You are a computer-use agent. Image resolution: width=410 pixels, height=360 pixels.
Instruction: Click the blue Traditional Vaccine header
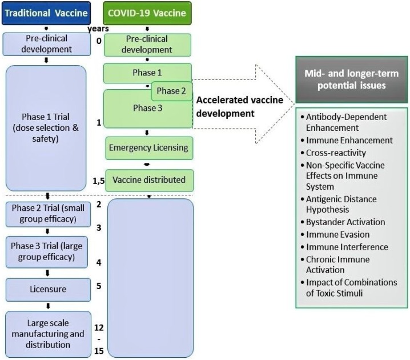(46, 11)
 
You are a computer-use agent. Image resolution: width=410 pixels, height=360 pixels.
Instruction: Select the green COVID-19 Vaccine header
(148, 11)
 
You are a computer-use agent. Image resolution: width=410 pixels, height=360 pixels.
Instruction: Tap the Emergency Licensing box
(148, 148)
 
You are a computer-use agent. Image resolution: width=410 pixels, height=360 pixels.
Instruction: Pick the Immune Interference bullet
(347, 247)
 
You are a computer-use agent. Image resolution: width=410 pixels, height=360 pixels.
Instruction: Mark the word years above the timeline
(98, 28)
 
